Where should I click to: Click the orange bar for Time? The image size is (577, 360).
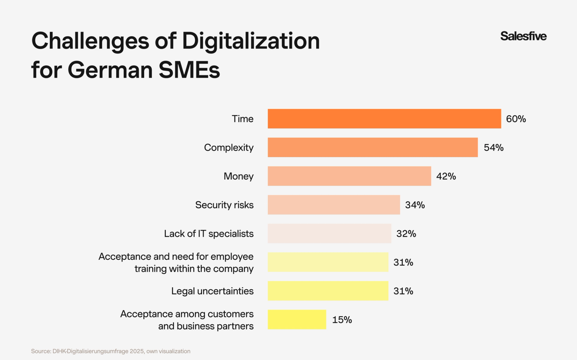[384, 119]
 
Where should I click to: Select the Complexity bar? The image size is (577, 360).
[373, 147]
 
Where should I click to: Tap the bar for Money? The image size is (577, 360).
[349, 176]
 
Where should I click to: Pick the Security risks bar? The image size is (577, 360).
[334, 205]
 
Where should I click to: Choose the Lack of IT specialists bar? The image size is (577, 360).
[329, 233]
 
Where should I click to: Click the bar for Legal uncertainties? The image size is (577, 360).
[328, 291]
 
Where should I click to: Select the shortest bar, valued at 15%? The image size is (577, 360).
[297, 319]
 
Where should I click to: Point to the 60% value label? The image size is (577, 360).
[516, 119]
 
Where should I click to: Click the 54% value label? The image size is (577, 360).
[493, 147]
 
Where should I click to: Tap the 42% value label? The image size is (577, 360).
[446, 176]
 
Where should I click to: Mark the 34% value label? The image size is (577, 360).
[415, 205]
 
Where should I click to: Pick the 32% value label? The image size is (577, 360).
[406, 234]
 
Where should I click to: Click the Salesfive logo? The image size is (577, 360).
[523, 36]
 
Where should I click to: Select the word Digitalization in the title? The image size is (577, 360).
[251, 41]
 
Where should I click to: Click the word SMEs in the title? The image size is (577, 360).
[189, 70]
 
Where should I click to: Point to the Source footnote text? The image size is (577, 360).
[111, 351]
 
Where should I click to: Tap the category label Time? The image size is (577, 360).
[243, 119]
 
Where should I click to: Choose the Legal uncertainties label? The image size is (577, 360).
[212, 291]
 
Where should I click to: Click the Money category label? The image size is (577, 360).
[238, 176]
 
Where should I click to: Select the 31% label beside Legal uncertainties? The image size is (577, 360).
[403, 291]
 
